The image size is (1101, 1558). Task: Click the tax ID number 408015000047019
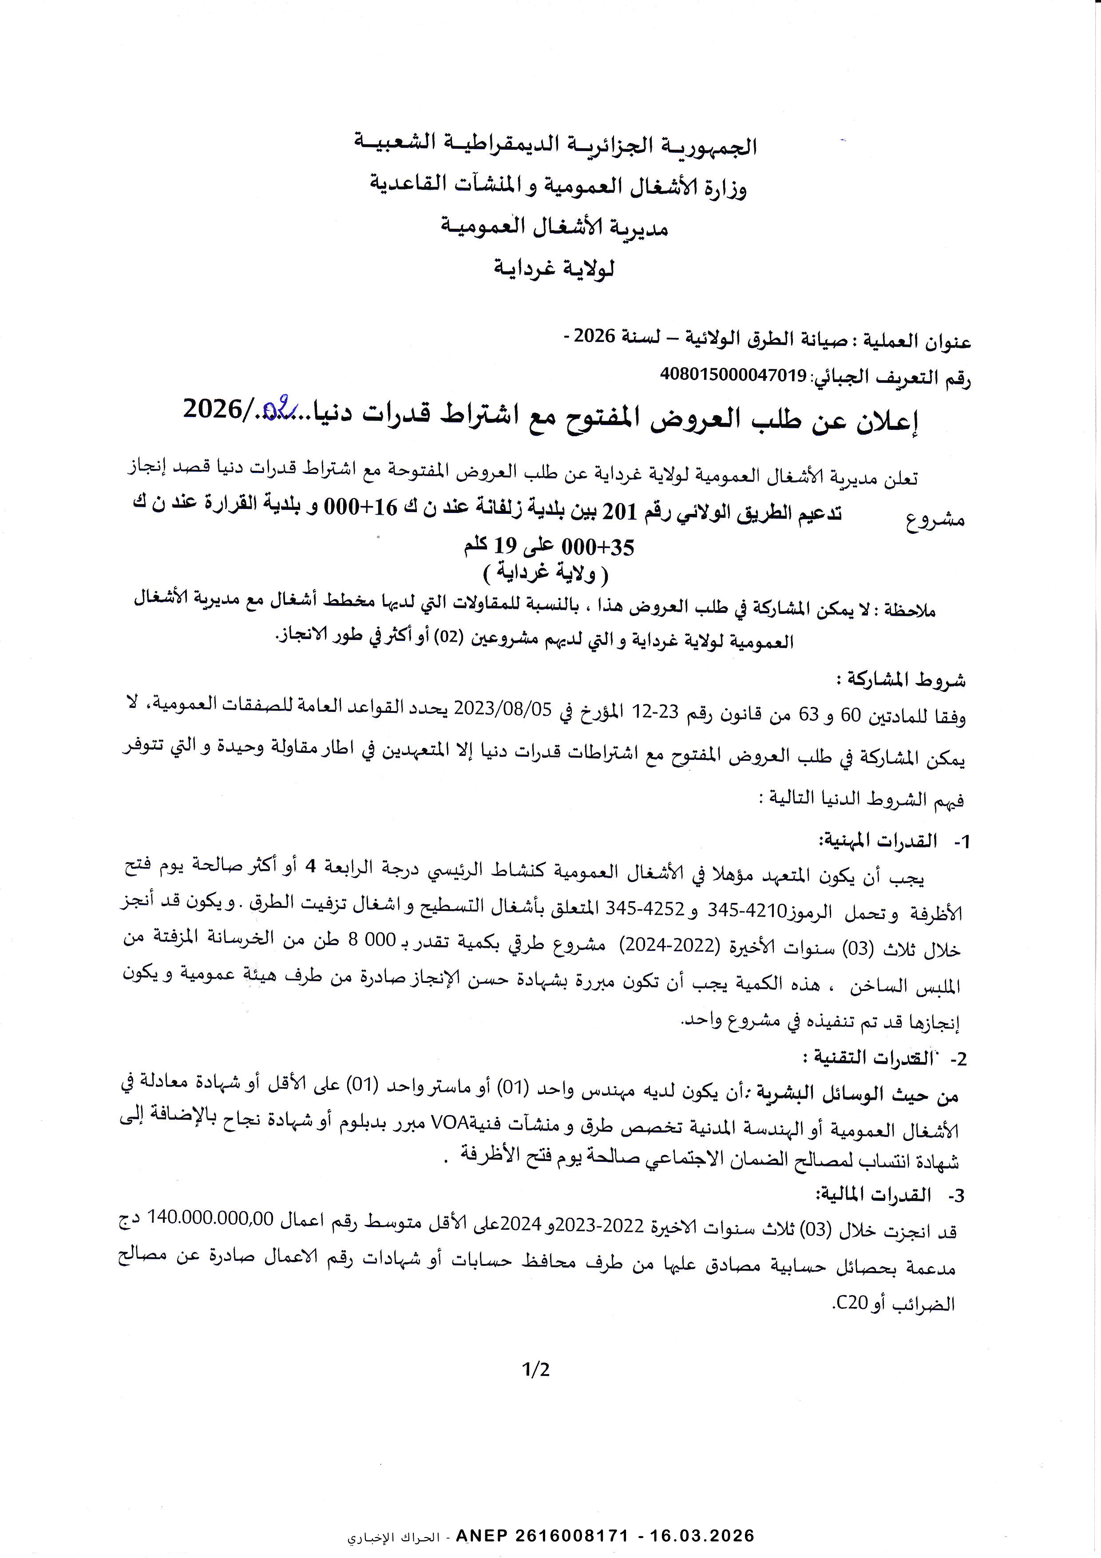tap(733, 374)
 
